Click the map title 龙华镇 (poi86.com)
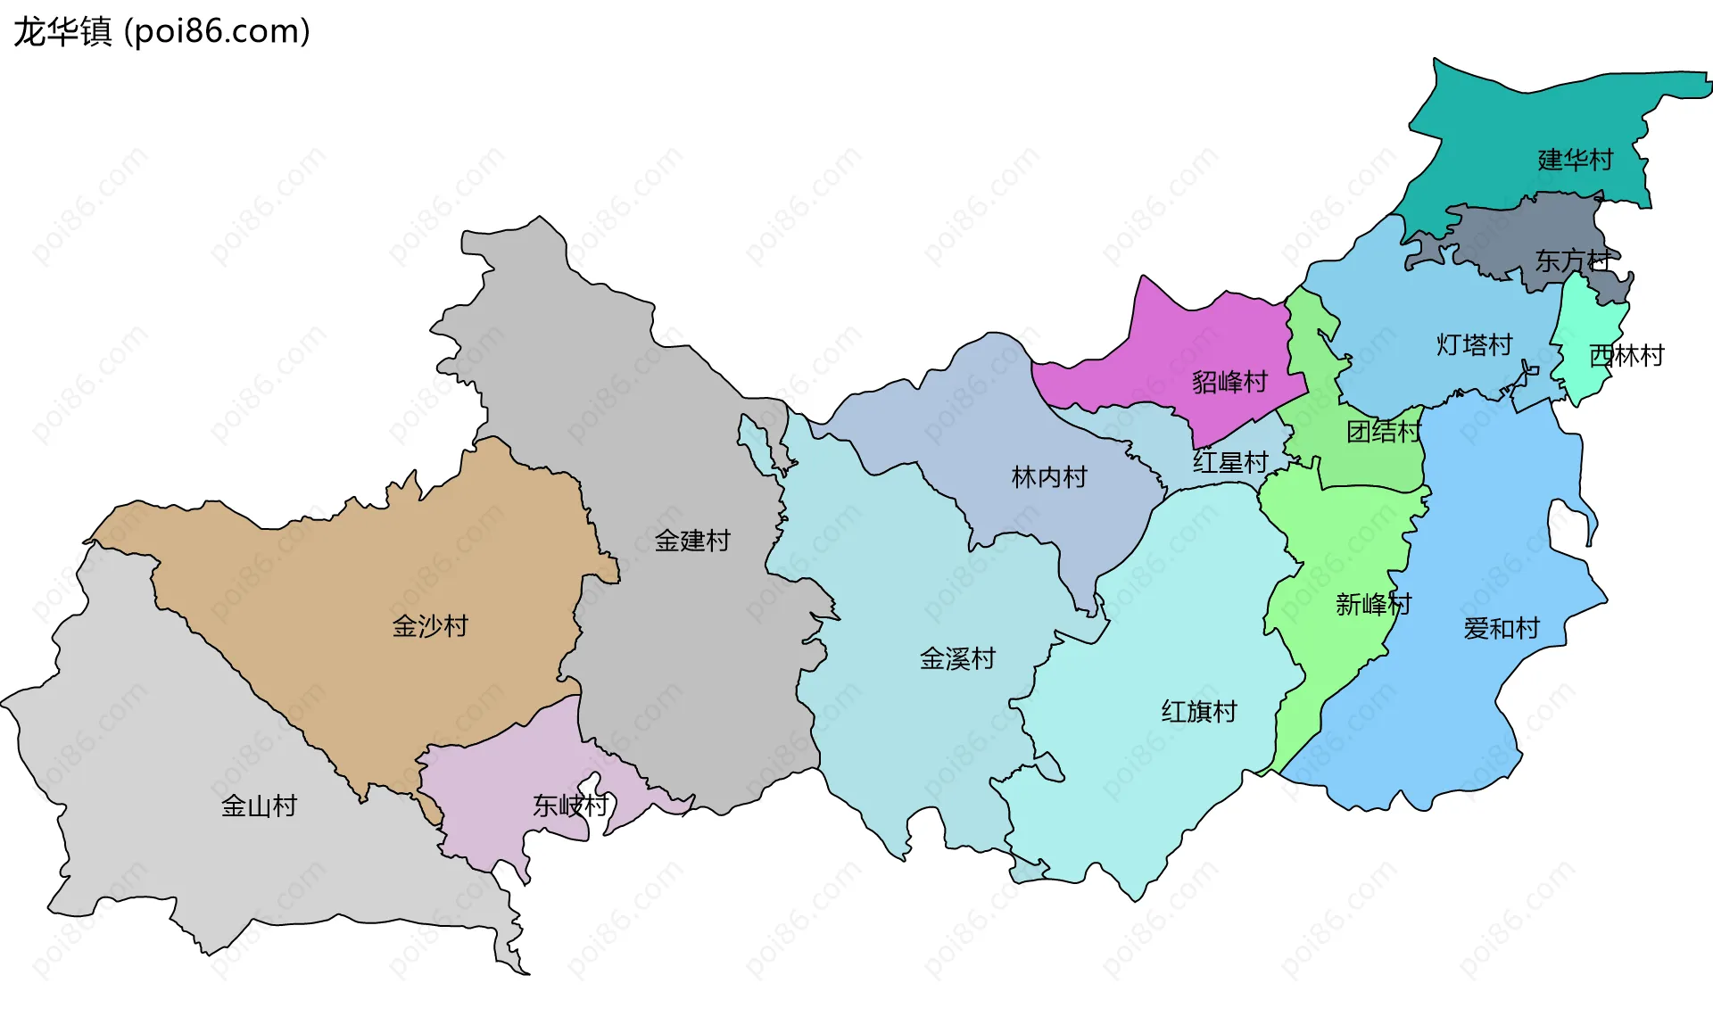point(161,32)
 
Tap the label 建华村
point(1576,161)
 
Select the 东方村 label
point(1572,260)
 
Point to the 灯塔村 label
point(1474,345)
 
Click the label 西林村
point(1626,356)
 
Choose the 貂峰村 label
point(1229,383)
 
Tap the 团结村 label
point(1384,432)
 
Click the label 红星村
point(1230,462)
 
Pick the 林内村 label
point(1049,477)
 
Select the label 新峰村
point(1373,605)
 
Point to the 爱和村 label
point(1502,629)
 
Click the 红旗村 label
point(1199,712)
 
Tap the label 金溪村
point(957,659)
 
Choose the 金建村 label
point(692,541)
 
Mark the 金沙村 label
point(430,626)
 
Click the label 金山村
point(259,806)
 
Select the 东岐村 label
point(570,806)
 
